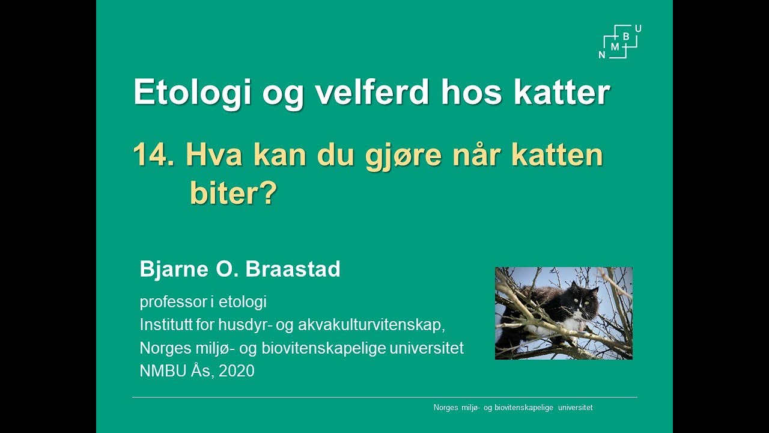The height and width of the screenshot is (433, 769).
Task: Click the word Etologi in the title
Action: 192,93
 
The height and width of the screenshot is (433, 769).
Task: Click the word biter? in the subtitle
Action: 233,194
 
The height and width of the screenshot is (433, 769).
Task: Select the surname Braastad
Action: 294,269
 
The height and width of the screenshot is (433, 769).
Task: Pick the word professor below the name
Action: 173,302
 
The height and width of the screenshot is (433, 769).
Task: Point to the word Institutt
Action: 165,325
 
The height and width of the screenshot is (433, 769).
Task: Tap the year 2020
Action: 237,371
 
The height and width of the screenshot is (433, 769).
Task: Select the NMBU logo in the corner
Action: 621,42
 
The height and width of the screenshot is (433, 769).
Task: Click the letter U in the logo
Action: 637,29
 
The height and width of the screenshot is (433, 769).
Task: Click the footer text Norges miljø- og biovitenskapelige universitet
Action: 512,408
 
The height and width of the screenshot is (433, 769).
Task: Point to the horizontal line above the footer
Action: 384,397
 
